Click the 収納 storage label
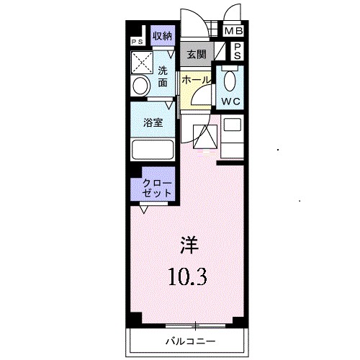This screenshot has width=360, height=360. [x=161, y=36]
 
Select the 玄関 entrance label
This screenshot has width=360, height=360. [x=196, y=53]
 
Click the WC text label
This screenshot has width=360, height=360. [x=231, y=101]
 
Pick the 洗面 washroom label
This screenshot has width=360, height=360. [x=163, y=76]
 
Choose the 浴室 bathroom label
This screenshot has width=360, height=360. [x=152, y=122]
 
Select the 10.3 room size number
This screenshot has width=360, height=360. [x=189, y=276]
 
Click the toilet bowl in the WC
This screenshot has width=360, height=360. [x=231, y=78]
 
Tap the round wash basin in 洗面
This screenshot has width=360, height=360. [x=141, y=86]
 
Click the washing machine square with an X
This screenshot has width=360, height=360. [x=141, y=59]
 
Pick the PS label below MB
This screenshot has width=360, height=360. [x=237, y=50]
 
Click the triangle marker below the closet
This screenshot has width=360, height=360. [x=145, y=210]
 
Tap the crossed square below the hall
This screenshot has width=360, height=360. [x=206, y=135]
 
